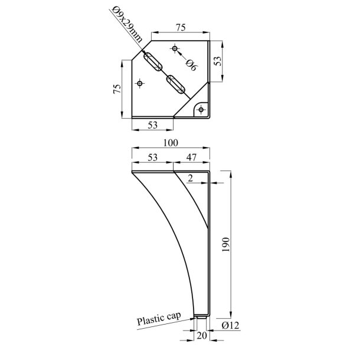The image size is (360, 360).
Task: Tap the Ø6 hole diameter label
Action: click(x=191, y=65)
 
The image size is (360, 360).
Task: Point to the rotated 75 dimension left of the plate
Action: click(x=117, y=89)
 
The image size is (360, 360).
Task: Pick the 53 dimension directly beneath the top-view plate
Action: click(x=152, y=125)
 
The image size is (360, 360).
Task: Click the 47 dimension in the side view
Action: click(x=192, y=157)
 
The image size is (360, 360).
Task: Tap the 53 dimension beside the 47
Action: click(x=152, y=157)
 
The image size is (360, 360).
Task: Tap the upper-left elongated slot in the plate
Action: click(x=152, y=61)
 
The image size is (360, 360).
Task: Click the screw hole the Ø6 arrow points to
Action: click(x=174, y=48)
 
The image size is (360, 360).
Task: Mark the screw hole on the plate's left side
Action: click(x=140, y=83)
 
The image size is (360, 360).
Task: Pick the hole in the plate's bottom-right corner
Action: click(x=202, y=109)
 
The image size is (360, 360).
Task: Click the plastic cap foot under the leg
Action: click(x=202, y=318)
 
